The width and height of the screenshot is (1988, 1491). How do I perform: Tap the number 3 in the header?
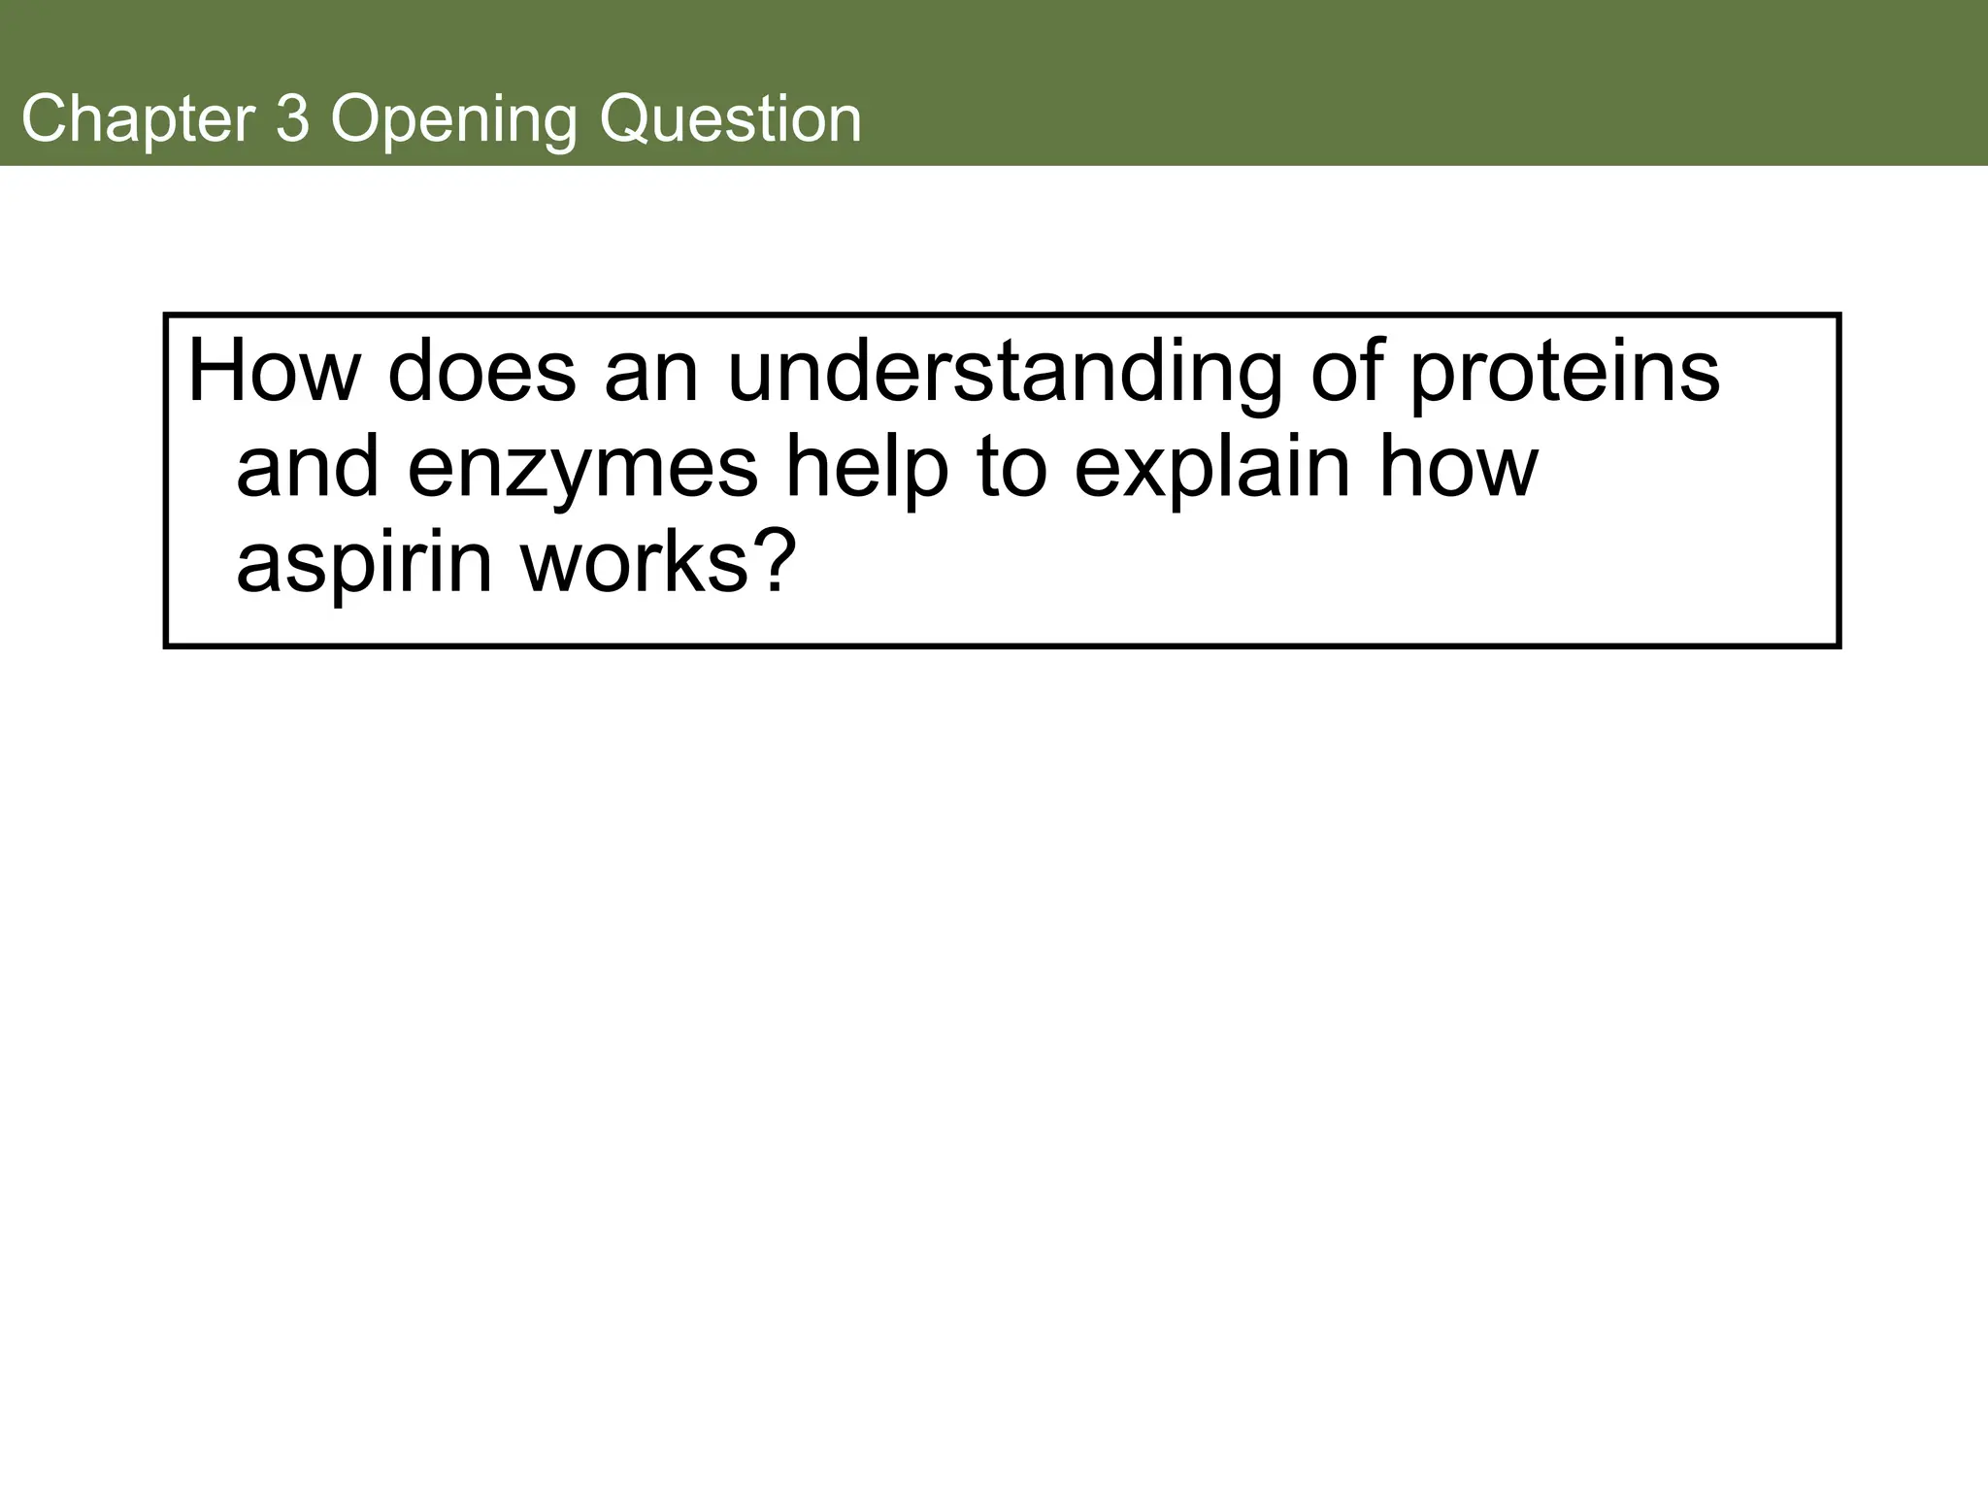[292, 119]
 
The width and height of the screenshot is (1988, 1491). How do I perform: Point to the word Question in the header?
[729, 119]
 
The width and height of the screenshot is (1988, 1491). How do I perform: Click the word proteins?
[1564, 373]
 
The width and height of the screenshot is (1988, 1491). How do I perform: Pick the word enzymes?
[582, 470]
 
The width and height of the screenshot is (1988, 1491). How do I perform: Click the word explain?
[1211, 470]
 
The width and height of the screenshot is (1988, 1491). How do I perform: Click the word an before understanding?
[651, 373]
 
